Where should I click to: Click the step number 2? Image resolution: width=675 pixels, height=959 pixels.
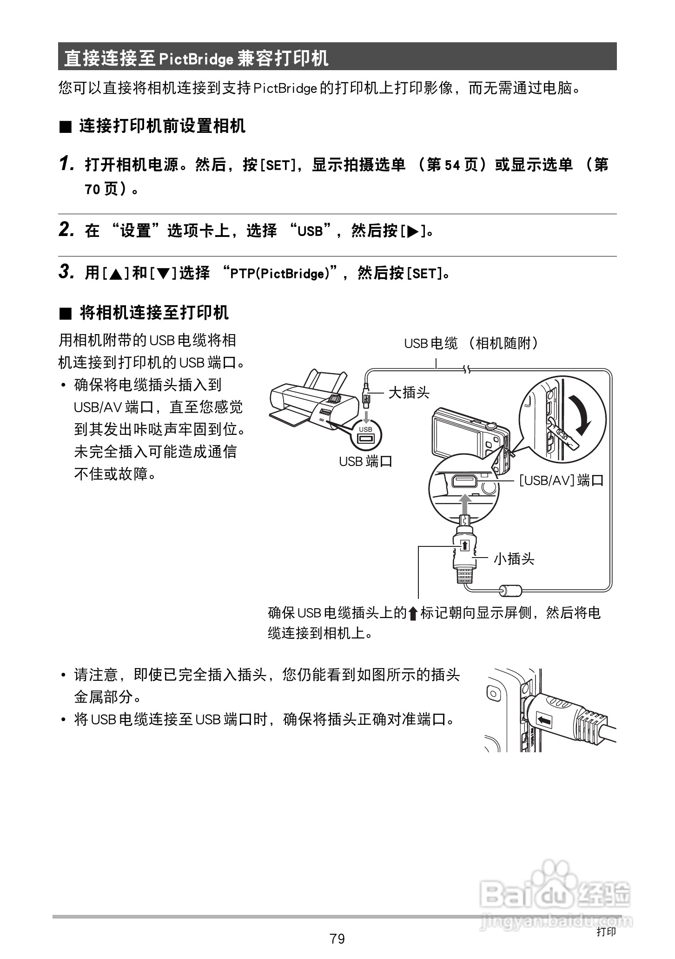point(66,230)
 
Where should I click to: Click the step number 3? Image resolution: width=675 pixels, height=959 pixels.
point(66,272)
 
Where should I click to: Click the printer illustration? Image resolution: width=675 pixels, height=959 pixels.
point(309,400)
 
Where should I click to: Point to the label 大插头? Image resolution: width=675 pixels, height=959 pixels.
point(409,393)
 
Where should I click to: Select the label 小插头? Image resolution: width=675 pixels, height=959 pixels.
point(514,558)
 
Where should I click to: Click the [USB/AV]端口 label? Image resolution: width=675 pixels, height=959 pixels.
point(561,480)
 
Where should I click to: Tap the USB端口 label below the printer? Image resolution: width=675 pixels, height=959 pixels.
point(366,461)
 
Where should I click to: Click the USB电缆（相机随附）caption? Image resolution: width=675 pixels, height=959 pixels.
point(472,343)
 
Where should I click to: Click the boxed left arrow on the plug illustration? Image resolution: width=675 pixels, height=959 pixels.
point(544,721)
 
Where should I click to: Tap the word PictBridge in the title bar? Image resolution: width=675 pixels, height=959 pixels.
point(196,59)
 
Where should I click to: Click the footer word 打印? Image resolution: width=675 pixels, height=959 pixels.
point(606,931)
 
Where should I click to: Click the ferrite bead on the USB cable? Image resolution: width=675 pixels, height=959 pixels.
point(511,591)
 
